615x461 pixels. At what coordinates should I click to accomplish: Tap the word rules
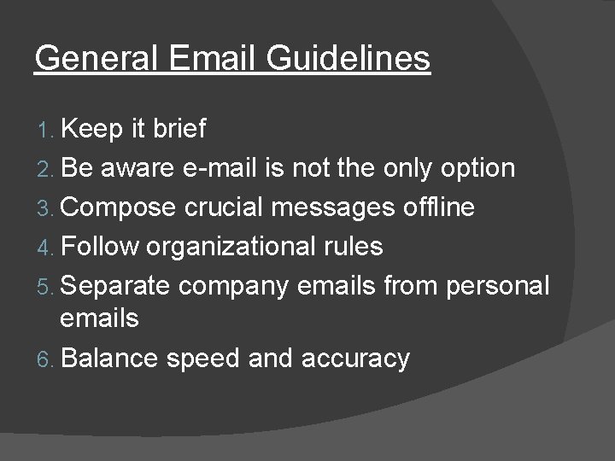[x=352, y=247]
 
